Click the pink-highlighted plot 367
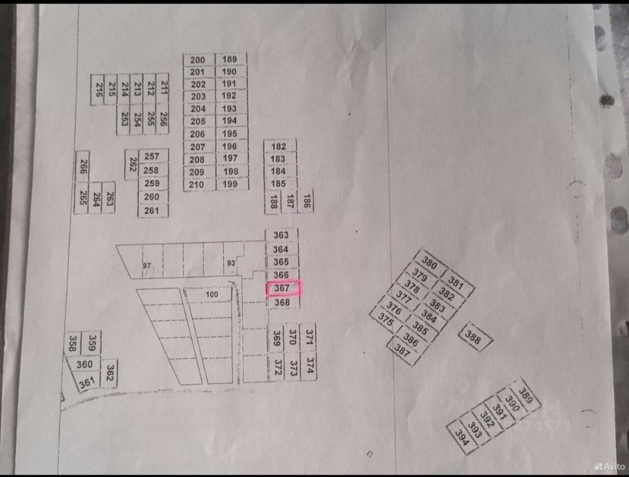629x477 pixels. pyautogui.click(x=284, y=289)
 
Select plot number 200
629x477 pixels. pyautogui.click(x=198, y=59)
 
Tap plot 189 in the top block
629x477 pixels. pyautogui.click(x=230, y=59)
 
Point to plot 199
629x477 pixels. pyautogui.click(x=231, y=184)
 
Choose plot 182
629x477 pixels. pyautogui.click(x=279, y=147)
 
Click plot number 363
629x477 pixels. pyautogui.click(x=281, y=235)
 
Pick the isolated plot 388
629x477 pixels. pyautogui.click(x=473, y=337)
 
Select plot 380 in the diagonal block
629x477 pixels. pyautogui.click(x=429, y=264)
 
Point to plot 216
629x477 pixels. pyautogui.click(x=98, y=89)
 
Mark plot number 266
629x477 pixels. pyautogui.click(x=82, y=168)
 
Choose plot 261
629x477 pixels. pyautogui.click(x=151, y=211)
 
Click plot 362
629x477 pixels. pyautogui.click(x=109, y=373)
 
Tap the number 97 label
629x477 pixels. pyautogui.click(x=147, y=266)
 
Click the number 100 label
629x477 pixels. pyautogui.click(x=212, y=295)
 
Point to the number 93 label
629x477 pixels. pyautogui.click(x=231, y=263)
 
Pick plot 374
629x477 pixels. pyautogui.click(x=310, y=365)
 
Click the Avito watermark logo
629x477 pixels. pyautogui.click(x=609, y=467)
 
